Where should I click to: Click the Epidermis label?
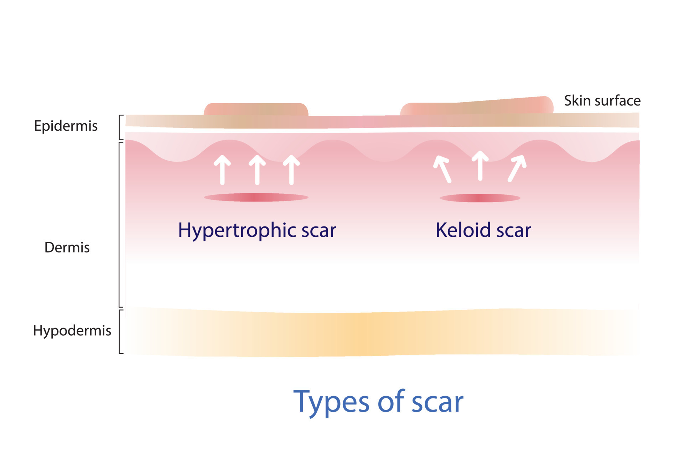[66, 126]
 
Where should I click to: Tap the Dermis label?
[67, 247]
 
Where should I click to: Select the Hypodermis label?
[72, 331]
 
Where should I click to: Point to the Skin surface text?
[602, 101]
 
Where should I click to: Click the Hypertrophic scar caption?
[257, 230]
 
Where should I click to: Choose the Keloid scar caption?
[483, 230]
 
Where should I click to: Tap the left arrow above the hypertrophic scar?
[222, 170]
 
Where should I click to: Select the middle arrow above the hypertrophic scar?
[257, 170]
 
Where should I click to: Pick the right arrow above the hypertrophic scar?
[291, 170]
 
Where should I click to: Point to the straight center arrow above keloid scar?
[480, 166]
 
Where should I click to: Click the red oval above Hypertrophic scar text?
[256, 197]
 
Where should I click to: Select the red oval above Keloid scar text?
[480, 198]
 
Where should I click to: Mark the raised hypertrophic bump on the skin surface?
[256, 109]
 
